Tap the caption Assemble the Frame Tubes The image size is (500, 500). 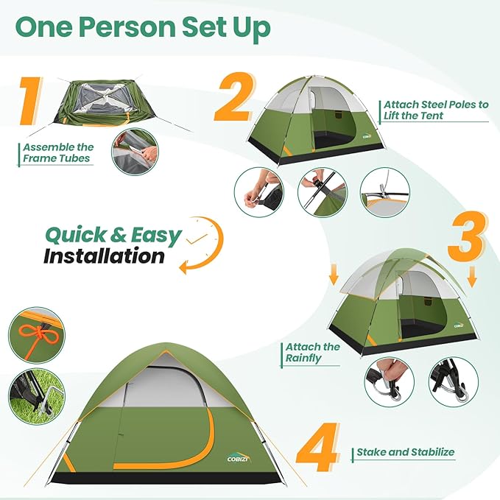57,152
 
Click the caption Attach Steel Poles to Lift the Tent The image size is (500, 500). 435,110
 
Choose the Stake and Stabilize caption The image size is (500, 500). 405,452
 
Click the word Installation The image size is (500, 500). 104,256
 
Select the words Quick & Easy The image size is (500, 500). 113,235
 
